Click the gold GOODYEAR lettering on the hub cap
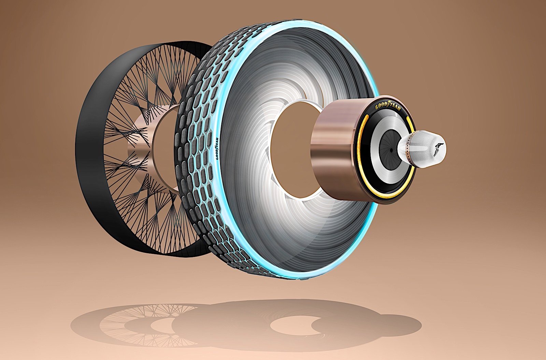(388, 106)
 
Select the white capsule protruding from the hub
(422, 151)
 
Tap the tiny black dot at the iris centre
(391, 151)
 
